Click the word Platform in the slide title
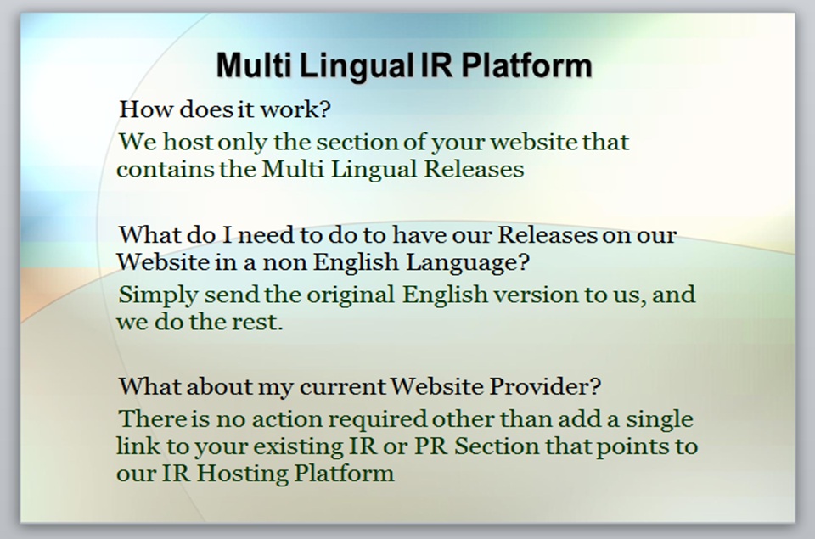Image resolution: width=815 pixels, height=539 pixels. (x=526, y=65)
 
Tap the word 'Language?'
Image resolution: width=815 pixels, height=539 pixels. (x=467, y=262)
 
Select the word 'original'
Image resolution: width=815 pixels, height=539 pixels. (x=351, y=295)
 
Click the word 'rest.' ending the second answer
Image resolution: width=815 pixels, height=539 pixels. (x=257, y=323)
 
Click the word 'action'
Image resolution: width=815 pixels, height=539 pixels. (x=285, y=419)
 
